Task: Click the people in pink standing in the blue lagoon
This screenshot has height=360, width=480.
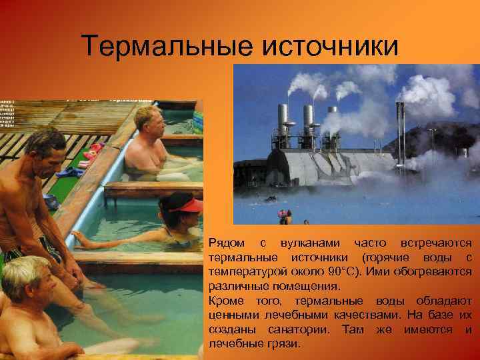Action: (x=285, y=215)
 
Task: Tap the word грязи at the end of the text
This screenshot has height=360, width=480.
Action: (x=287, y=344)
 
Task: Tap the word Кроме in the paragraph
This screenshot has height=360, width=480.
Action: (x=225, y=301)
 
